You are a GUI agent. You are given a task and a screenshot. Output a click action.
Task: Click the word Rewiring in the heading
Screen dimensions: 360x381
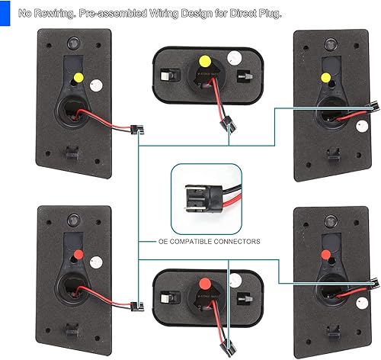coord(57,14)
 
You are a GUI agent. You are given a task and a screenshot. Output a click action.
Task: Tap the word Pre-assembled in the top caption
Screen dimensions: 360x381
coord(111,14)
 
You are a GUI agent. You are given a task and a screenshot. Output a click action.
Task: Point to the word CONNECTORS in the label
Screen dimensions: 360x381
coord(236,241)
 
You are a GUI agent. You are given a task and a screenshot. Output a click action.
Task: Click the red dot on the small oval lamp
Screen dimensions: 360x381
coord(203,281)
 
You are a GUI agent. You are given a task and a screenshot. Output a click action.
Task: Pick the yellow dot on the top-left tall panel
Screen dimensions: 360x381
coord(78,77)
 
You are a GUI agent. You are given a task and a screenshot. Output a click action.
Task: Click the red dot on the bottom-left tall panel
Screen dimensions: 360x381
coord(78,251)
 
